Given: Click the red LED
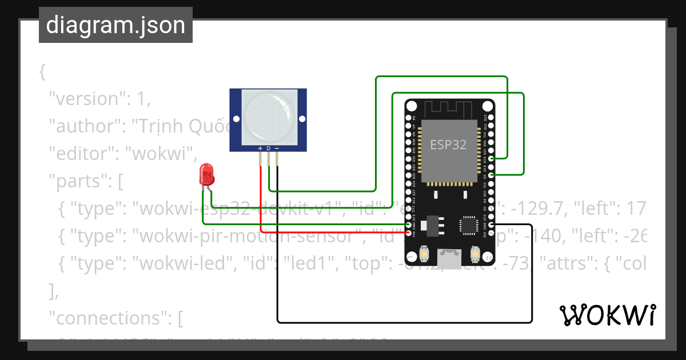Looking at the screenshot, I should (x=206, y=174).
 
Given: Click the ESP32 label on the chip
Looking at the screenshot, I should (x=448, y=145).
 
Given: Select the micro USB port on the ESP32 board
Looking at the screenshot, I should (x=449, y=258).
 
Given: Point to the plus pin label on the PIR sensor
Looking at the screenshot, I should (x=260, y=148).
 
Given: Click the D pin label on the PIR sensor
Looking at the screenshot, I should (x=268, y=148).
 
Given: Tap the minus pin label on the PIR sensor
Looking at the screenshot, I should (x=277, y=148).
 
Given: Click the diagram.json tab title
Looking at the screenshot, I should (x=115, y=25).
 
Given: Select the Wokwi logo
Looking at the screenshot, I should (x=607, y=315).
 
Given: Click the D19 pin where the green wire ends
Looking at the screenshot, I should (x=491, y=158).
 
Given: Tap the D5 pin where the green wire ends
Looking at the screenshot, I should (x=491, y=174).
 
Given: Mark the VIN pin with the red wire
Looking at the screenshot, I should (x=408, y=233).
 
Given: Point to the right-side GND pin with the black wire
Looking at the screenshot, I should (x=491, y=225).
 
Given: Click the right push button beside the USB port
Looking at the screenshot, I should (x=474, y=254).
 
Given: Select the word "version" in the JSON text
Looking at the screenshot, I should (x=86, y=99).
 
